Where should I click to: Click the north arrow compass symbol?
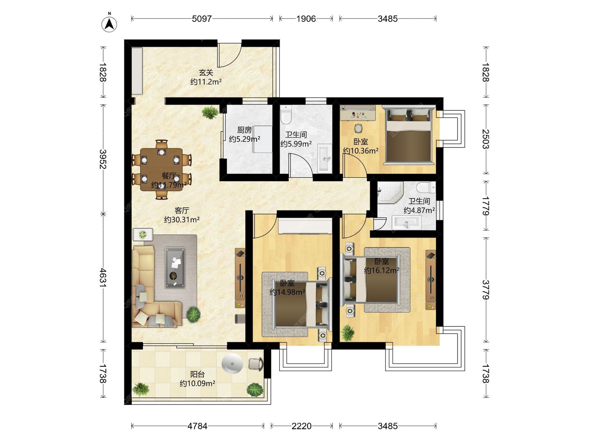tap(109, 24)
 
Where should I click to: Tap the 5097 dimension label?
tap(202, 19)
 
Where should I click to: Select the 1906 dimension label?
tap(306, 19)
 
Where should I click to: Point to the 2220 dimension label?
tap(302, 426)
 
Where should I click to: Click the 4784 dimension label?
tap(198, 426)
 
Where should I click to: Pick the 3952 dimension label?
tap(103, 159)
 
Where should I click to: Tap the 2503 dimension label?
tap(486, 139)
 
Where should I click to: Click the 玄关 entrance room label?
tap(206, 73)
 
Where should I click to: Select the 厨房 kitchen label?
tap(244, 130)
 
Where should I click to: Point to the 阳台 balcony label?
tap(197, 374)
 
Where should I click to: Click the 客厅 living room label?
tap(182, 211)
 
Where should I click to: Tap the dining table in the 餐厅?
tap(161, 169)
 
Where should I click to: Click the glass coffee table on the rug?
tap(175, 267)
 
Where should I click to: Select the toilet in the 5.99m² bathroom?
tap(286, 115)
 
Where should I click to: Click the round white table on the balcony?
tap(232, 364)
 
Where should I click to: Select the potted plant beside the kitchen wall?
tap(210, 112)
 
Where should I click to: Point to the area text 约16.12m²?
tap(382, 270)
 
